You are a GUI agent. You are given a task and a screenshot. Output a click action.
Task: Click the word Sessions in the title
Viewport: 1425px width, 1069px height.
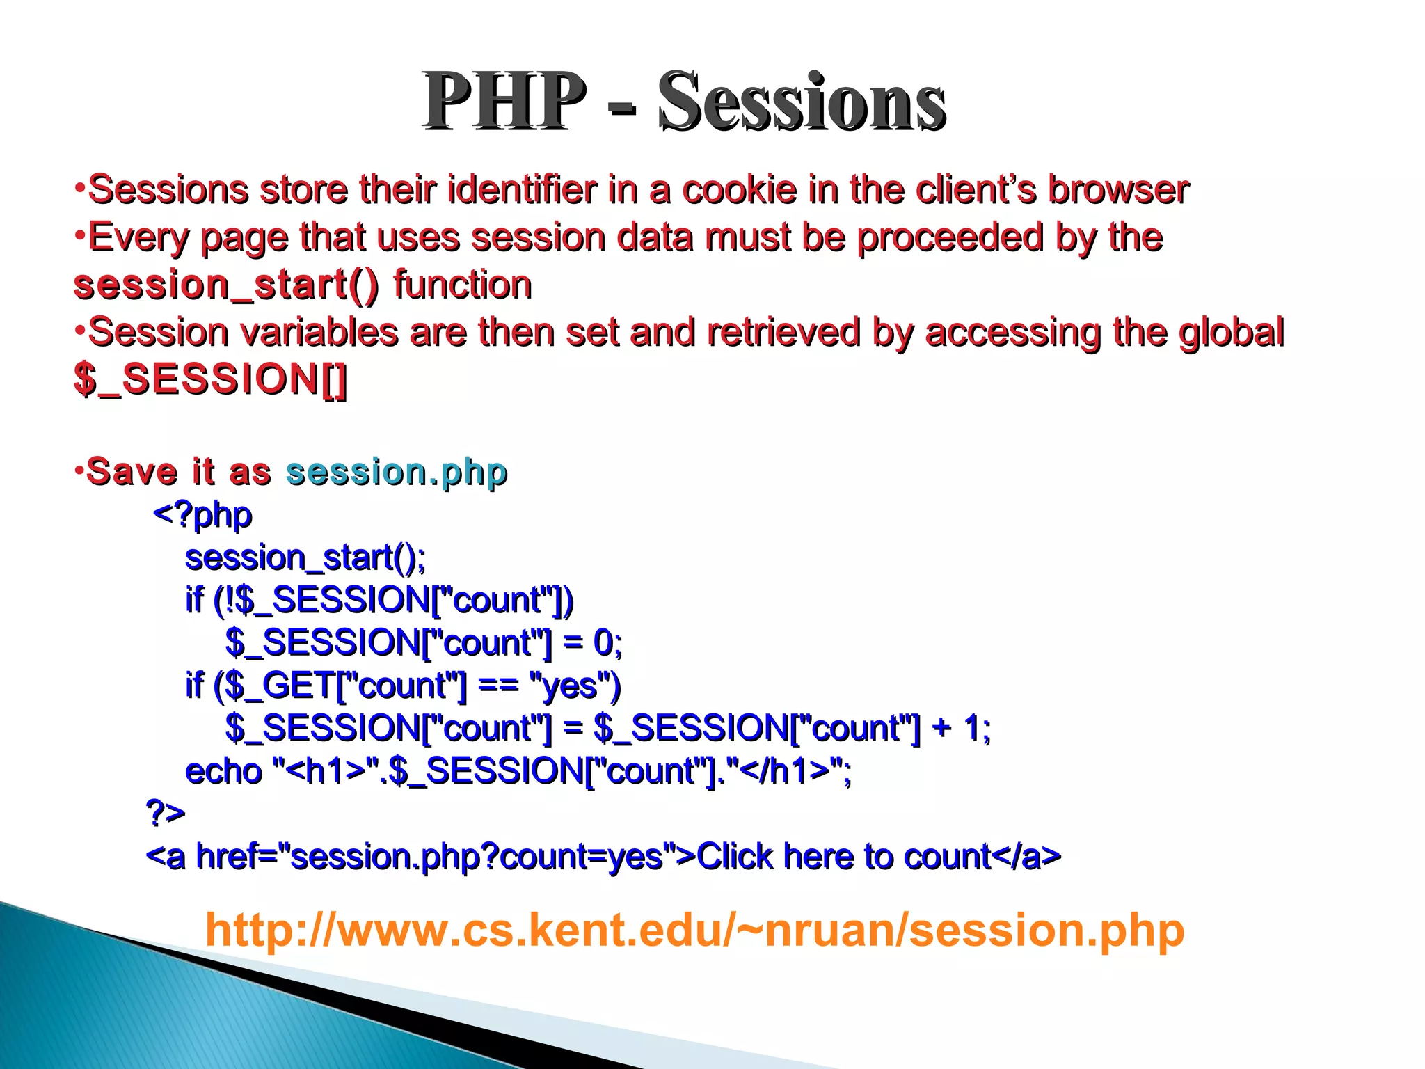click(802, 102)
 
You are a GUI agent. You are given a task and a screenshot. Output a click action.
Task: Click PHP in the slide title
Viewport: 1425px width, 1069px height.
click(504, 102)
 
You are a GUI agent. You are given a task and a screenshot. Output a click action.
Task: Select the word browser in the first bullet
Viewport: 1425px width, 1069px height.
click(1118, 190)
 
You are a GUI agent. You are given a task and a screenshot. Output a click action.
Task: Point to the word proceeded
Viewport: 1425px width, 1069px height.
click(950, 238)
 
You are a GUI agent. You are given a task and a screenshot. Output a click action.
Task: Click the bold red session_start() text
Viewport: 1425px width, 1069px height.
click(227, 285)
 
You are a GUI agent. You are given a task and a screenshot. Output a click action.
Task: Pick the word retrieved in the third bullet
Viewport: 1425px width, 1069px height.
click(783, 333)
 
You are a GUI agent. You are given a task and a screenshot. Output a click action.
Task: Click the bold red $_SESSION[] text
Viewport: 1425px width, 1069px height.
click(210, 380)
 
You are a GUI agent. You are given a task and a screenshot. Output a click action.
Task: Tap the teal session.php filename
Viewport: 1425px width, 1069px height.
click(397, 473)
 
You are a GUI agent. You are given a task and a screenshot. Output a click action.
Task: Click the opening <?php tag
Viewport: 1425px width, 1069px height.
click(202, 516)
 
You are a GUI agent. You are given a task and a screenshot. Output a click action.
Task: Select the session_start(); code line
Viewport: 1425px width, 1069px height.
click(305, 558)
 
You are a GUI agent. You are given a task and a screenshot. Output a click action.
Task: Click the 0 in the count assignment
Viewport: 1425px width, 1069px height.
click(603, 643)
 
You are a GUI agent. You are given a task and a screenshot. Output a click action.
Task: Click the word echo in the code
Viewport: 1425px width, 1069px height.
click(223, 772)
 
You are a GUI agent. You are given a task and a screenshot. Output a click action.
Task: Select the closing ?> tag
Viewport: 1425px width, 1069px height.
click(166, 813)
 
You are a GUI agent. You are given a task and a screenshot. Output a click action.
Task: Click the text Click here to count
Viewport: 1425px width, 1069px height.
click(843, 857)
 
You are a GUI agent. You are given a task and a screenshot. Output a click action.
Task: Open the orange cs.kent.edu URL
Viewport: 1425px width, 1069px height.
click(694, 931)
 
